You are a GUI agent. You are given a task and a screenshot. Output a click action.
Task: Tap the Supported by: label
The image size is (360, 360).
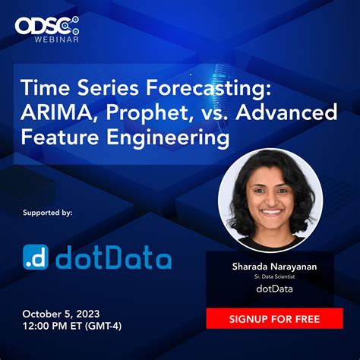coord(47,213)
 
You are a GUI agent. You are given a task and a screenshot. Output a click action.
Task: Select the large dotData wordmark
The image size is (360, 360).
coord(117,258)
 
